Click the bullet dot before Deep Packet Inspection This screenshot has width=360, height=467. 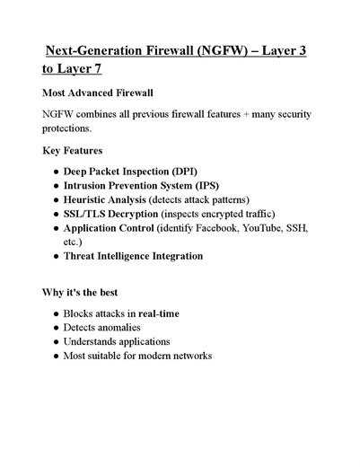click(x=56, y=172)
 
